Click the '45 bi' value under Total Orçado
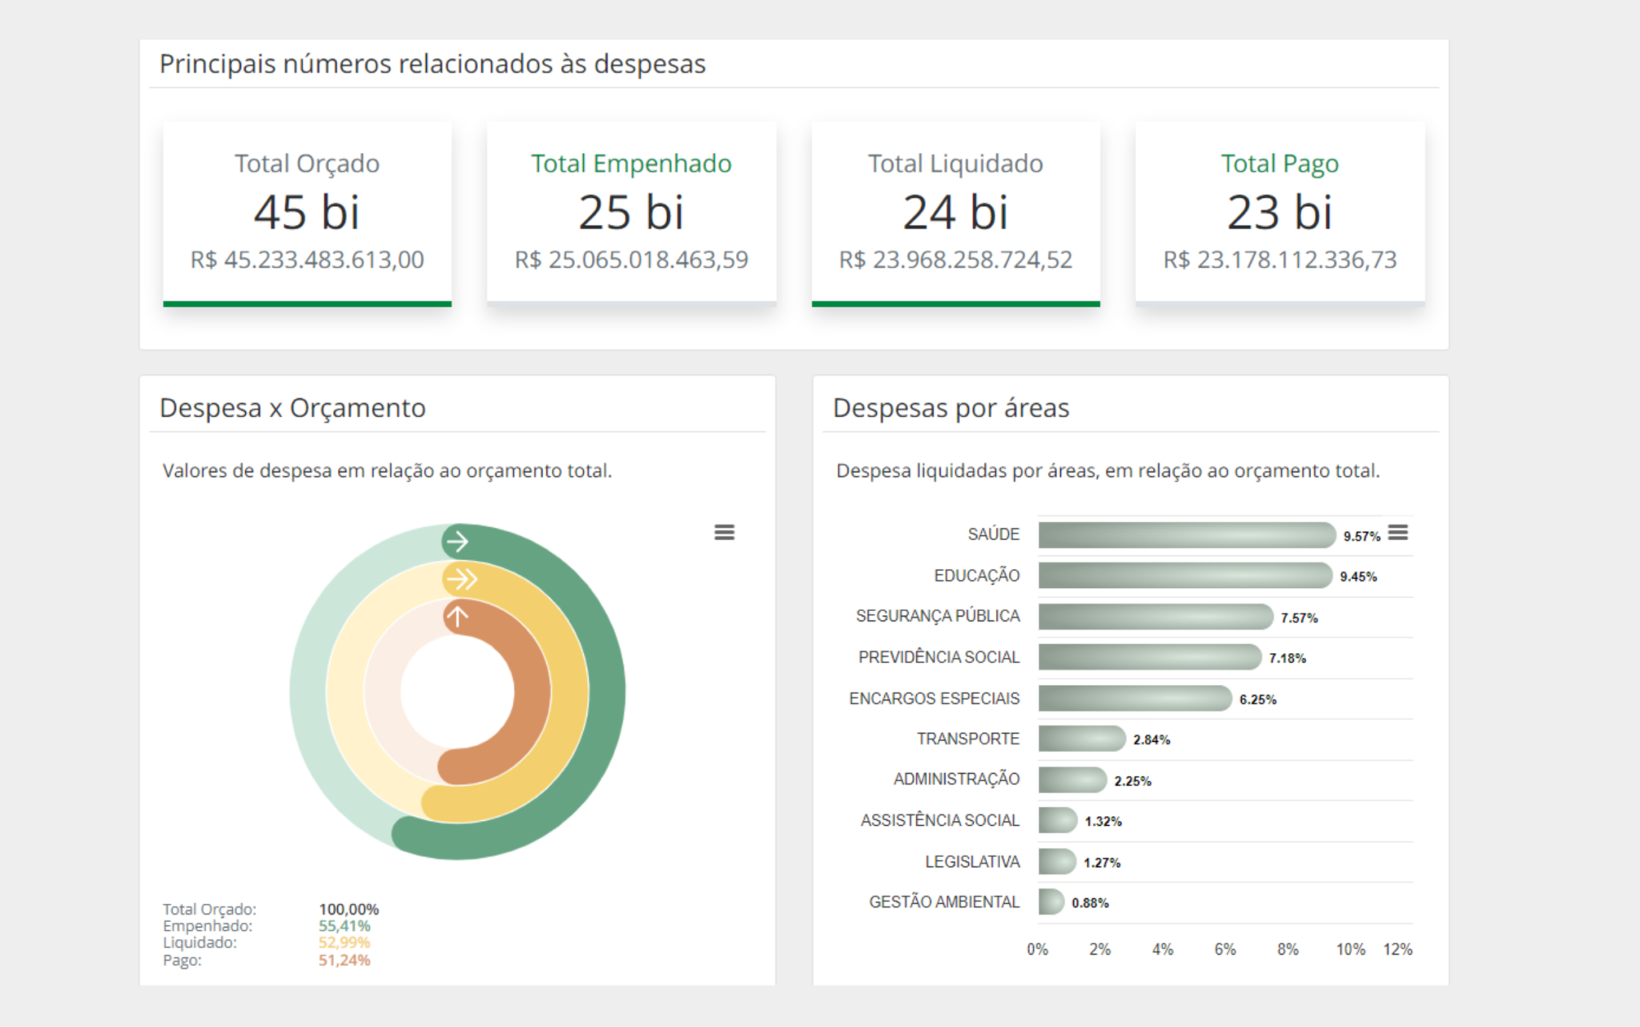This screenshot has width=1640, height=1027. [307, 212]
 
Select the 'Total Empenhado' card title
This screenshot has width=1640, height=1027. [631, 163]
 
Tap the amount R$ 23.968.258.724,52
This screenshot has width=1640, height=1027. [955, 260]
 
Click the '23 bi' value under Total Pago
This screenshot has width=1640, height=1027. [1280, 212]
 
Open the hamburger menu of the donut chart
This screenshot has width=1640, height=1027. [724, 533]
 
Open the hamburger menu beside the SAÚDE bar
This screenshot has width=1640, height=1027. [1398, 533]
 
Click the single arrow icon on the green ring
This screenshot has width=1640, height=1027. [457, 542]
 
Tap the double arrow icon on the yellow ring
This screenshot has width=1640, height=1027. [461, 578]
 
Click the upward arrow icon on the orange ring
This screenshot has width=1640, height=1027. [457, 617]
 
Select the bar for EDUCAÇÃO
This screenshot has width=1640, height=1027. [1185, 575]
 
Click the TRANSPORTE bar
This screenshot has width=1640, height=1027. [1081, 739]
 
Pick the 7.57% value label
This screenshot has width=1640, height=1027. [1299, 618]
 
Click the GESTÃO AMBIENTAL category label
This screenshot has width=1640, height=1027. [944, 902]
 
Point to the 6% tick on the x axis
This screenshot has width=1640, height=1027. [1225, 949]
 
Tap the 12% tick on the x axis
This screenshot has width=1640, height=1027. [1397, 949]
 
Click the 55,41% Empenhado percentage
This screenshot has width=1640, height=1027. [344, 926]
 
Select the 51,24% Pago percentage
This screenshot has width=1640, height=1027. [344, 960]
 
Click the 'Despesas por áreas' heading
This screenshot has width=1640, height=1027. [951, 408]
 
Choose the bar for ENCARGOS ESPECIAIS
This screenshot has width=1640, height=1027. [1135, 699]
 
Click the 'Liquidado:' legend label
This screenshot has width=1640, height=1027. [199, 943]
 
